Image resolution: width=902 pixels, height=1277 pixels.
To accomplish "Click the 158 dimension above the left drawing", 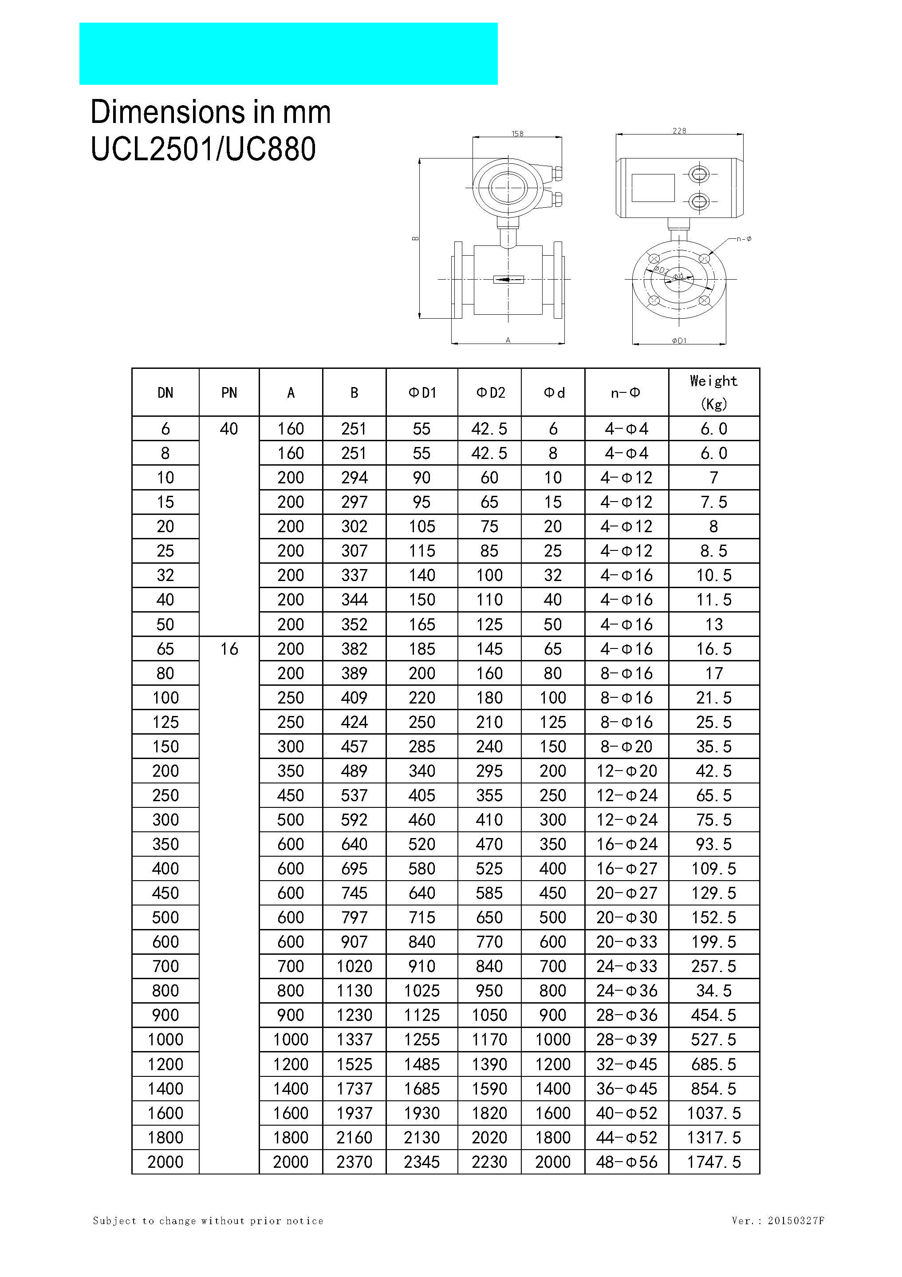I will [517, 134].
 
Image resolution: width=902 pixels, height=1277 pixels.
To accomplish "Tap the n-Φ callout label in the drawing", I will [744, 239].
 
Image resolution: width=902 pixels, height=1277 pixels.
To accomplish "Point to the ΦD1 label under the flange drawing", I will [679, 340].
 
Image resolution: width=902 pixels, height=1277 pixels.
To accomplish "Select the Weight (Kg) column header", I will [713, 392].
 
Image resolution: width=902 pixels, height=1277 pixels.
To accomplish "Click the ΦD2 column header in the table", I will [490, 393].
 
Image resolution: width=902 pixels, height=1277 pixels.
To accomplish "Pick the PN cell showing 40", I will [228, 429].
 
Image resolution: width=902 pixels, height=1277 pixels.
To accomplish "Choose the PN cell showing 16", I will [228, 648].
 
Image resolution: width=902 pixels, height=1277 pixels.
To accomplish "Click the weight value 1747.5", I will [713, 1162].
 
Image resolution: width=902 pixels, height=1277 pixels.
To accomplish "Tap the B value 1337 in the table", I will [354, 1040].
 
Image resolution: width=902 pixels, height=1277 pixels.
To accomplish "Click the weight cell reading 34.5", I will [713, 991].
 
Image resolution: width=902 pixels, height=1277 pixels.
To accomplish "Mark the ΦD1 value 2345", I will [421, 1162].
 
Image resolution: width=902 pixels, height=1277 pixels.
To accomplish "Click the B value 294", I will [354, 478].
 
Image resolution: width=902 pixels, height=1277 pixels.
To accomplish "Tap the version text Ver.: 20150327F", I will [778, 1221].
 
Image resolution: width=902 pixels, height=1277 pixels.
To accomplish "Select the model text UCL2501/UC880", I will [203, 149].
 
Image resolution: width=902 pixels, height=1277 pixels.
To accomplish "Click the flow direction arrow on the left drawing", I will [508, 279].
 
